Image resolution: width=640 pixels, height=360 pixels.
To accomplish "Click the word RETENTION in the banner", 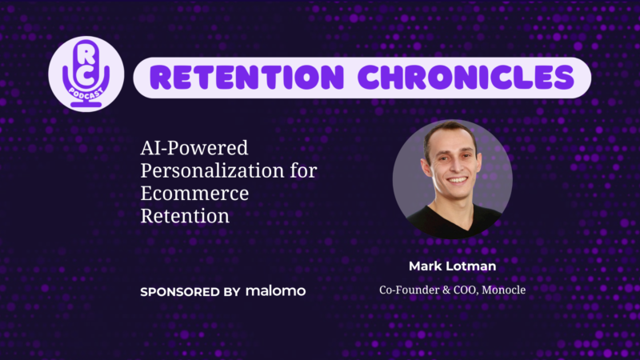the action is coord(247,78).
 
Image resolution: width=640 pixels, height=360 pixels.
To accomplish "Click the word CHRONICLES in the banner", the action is coord(466,78).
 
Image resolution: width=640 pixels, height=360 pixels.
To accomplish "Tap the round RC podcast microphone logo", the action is coord(86,74).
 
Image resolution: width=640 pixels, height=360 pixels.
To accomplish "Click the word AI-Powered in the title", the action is coord(194,148).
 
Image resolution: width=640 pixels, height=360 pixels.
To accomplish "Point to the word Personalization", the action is coord(212,171).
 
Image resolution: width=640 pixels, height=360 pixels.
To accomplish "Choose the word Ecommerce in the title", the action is coord(194,193).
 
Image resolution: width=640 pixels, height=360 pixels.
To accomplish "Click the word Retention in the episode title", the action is coord(185,216).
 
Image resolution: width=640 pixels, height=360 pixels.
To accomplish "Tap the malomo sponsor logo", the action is coord(275,291).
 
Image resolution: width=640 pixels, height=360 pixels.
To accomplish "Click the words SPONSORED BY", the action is coord(190,292).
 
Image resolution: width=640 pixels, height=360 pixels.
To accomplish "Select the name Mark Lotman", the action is coord(452,266).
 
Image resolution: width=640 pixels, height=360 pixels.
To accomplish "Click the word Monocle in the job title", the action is coord(504,290).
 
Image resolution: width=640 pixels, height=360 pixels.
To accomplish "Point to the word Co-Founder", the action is coord(408,290).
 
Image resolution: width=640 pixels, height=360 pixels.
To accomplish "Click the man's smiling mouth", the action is coord(457,179).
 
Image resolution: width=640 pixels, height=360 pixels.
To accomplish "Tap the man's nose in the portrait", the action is coord(455,165).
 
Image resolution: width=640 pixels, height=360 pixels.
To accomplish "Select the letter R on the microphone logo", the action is coord(86,54).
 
